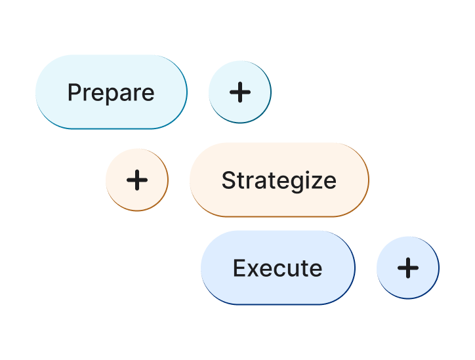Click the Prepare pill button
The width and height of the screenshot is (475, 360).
[111, 92]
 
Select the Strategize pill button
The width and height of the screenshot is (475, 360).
[279, 180]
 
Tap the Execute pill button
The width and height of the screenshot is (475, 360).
[278, 268]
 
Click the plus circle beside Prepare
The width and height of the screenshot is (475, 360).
[240, 92]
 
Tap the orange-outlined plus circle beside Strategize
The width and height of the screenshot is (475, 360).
[137, 180]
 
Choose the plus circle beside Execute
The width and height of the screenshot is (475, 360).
[408, 268]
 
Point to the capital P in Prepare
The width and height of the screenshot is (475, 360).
[73, 92]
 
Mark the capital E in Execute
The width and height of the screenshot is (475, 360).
[239, 268]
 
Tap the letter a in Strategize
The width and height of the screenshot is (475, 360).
[258, 181]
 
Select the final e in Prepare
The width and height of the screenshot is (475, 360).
[148, 94]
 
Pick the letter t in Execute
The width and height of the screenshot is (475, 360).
[306, 268]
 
